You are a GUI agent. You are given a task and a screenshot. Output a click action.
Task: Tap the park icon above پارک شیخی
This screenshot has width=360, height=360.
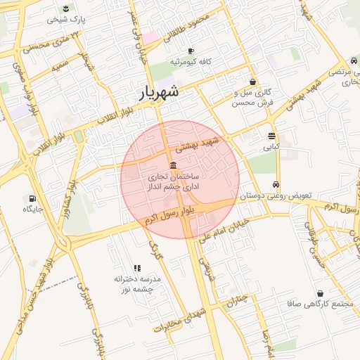coord(65,8)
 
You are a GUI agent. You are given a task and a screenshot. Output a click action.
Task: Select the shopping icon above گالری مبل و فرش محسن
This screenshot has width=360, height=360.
coord(252,82)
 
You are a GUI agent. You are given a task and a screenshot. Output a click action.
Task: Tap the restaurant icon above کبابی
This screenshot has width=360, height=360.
coord(271,136)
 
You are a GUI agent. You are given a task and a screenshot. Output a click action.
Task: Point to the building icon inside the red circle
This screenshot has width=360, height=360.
coord(173,165)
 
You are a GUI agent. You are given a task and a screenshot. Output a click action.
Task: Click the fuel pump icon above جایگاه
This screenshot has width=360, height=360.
coord(32,198)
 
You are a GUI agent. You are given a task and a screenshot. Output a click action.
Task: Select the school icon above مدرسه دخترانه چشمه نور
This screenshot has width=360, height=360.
coord(137,268)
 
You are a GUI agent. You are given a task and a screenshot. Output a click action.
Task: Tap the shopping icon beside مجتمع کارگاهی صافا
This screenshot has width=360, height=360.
coord(321,293)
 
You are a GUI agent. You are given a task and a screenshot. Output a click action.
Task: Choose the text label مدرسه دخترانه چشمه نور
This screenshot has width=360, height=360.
coord(138,284)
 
